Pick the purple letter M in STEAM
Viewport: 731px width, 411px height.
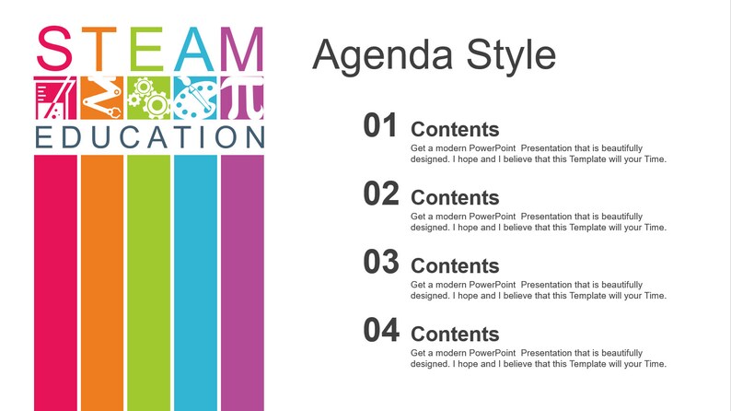click(242, 50)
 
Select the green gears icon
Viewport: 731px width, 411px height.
click(148, 99)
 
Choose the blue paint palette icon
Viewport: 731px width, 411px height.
click(195, 99)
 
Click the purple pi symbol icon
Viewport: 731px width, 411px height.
click(242, 99)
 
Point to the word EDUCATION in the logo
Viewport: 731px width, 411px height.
click(149, 137)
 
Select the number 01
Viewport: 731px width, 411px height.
click(380, 126)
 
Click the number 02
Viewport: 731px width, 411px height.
click(380, 194)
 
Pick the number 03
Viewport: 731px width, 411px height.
click(380, 263)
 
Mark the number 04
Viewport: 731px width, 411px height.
click(380, 330)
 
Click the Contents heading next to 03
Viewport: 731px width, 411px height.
click(455, 265)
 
